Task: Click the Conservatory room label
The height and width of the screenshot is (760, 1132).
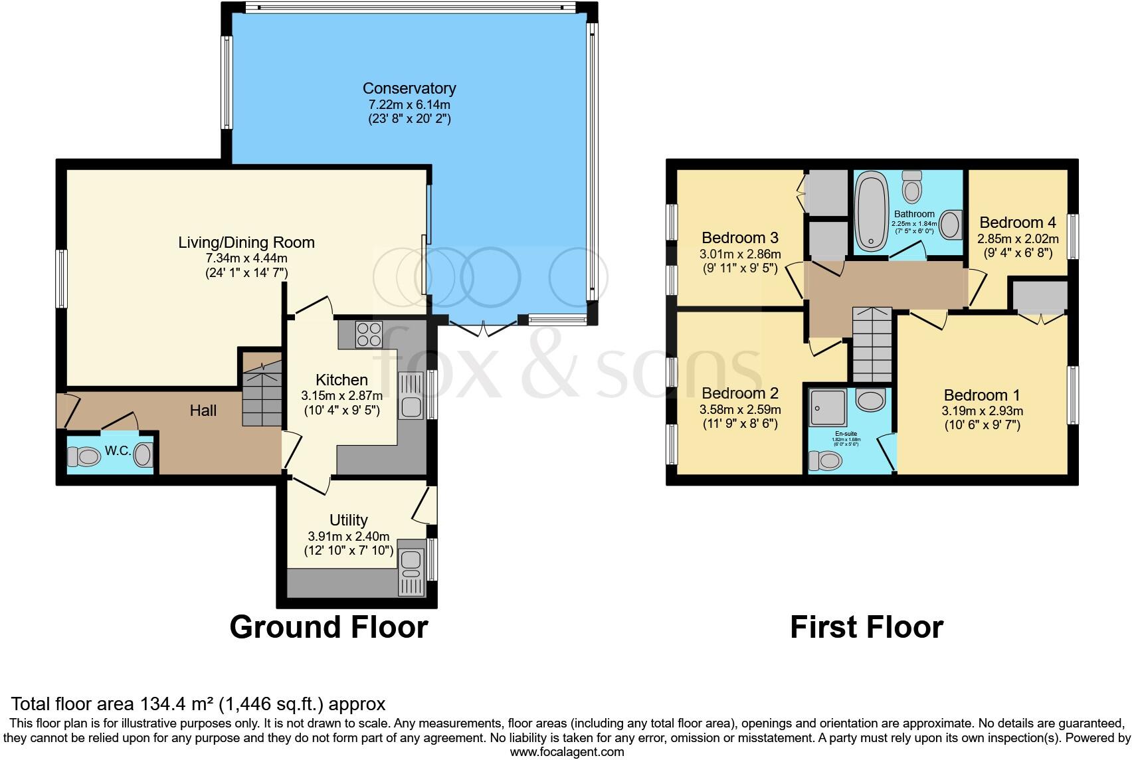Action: coord(409,88)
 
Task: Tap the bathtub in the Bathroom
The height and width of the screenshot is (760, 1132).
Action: coord(871,211)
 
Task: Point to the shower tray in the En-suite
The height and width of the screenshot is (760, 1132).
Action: coord(828,407)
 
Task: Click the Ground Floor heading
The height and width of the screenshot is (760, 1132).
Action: coord(328,627)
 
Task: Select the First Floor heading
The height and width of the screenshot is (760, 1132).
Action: coord(866,627)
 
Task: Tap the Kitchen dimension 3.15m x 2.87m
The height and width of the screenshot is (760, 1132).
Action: coord(341,396)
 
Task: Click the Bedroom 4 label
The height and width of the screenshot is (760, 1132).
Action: coord(1017,223)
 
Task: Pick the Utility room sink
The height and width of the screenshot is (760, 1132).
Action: coord(411,565)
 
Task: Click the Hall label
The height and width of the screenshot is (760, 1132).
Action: coord(203,411)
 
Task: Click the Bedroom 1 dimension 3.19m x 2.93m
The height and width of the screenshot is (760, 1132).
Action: coord(982,411)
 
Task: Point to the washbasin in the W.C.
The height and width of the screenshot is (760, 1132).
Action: coord(143,456)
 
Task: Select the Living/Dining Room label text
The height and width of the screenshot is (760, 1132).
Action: coord(246,242)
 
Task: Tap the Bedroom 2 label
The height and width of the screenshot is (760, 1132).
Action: coord(739,393)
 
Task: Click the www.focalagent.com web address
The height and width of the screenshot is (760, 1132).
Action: coord(567,752)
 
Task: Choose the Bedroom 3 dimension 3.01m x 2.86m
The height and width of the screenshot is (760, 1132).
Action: coord(739,254)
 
